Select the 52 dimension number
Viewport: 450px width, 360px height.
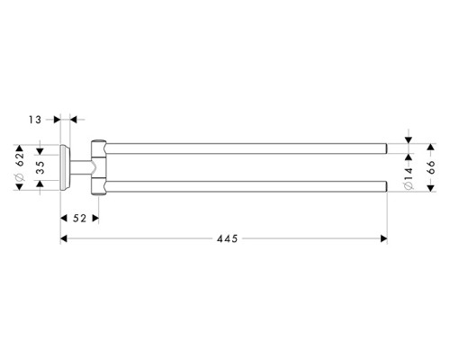78,218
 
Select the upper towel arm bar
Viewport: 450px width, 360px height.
243,144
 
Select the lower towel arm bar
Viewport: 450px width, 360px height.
243,187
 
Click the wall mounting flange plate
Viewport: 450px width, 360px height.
65,166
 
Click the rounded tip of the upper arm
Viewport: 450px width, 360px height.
384,144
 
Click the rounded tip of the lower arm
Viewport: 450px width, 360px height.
384,187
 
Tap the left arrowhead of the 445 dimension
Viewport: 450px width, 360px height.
64,239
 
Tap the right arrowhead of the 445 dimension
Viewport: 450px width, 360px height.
383,239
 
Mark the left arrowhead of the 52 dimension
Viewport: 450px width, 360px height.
64,218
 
